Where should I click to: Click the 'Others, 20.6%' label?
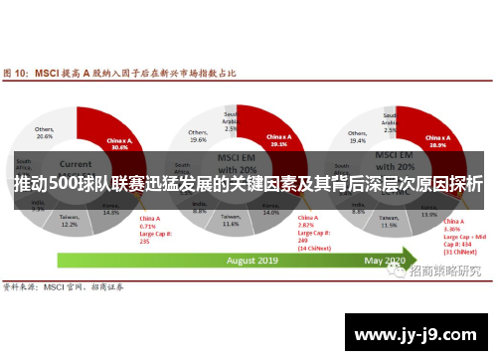pyautogui.click(x=45, y=133)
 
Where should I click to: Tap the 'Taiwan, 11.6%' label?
pyautogui.click(x=231, y=223)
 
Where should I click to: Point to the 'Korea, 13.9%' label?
pyautogui.click(x=428, y=212)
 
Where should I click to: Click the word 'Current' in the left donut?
pyautogui.click(x=76, y=164)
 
